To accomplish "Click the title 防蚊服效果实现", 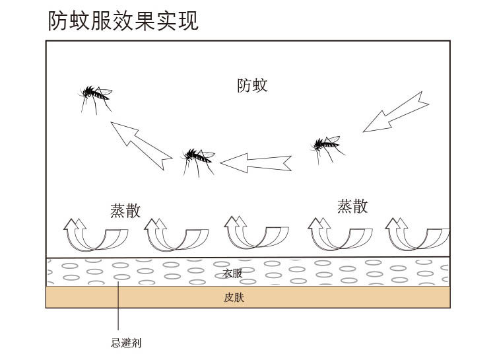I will point(123,20).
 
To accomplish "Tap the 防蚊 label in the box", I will point(252,85).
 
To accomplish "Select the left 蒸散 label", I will point(125,211).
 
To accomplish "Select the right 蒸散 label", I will point(352,206).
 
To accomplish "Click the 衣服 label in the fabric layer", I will point(232,273).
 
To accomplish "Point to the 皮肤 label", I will point(234,297).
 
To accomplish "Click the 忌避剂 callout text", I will point(126,343).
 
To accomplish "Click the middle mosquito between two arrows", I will point(197,159).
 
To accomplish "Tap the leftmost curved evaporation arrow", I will point(96,234).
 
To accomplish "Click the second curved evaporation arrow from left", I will point(176,234).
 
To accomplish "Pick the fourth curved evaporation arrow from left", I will point(340,234).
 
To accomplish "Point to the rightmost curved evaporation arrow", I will point(418,234).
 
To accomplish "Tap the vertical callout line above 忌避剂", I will point(118,307).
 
